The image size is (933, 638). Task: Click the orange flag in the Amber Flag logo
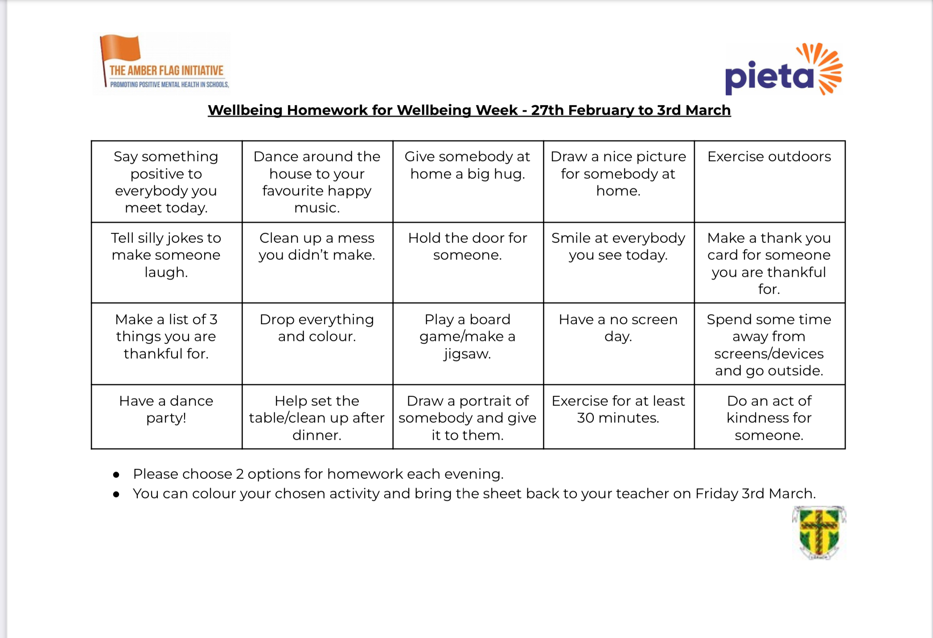121,48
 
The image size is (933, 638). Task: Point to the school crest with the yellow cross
819,532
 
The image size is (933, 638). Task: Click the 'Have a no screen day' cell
618,343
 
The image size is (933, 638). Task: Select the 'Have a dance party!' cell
166,416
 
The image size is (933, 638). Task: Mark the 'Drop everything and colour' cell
317,343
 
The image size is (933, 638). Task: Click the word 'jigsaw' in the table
467,354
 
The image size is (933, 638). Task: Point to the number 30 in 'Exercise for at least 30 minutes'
585,418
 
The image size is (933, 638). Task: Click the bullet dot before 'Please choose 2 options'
116,475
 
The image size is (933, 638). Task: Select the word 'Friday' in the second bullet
716,494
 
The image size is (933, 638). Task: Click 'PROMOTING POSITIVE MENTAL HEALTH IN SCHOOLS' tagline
169,85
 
